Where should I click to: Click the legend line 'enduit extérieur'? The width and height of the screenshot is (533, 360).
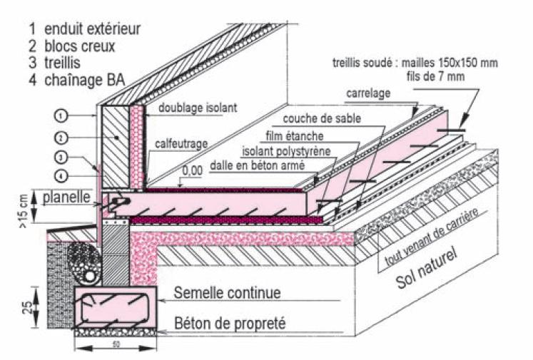(x=84, y=29)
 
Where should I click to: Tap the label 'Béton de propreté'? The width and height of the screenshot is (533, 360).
(x=230, y=323)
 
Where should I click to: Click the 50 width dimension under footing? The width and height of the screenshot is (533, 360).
(x=115, y=347)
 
